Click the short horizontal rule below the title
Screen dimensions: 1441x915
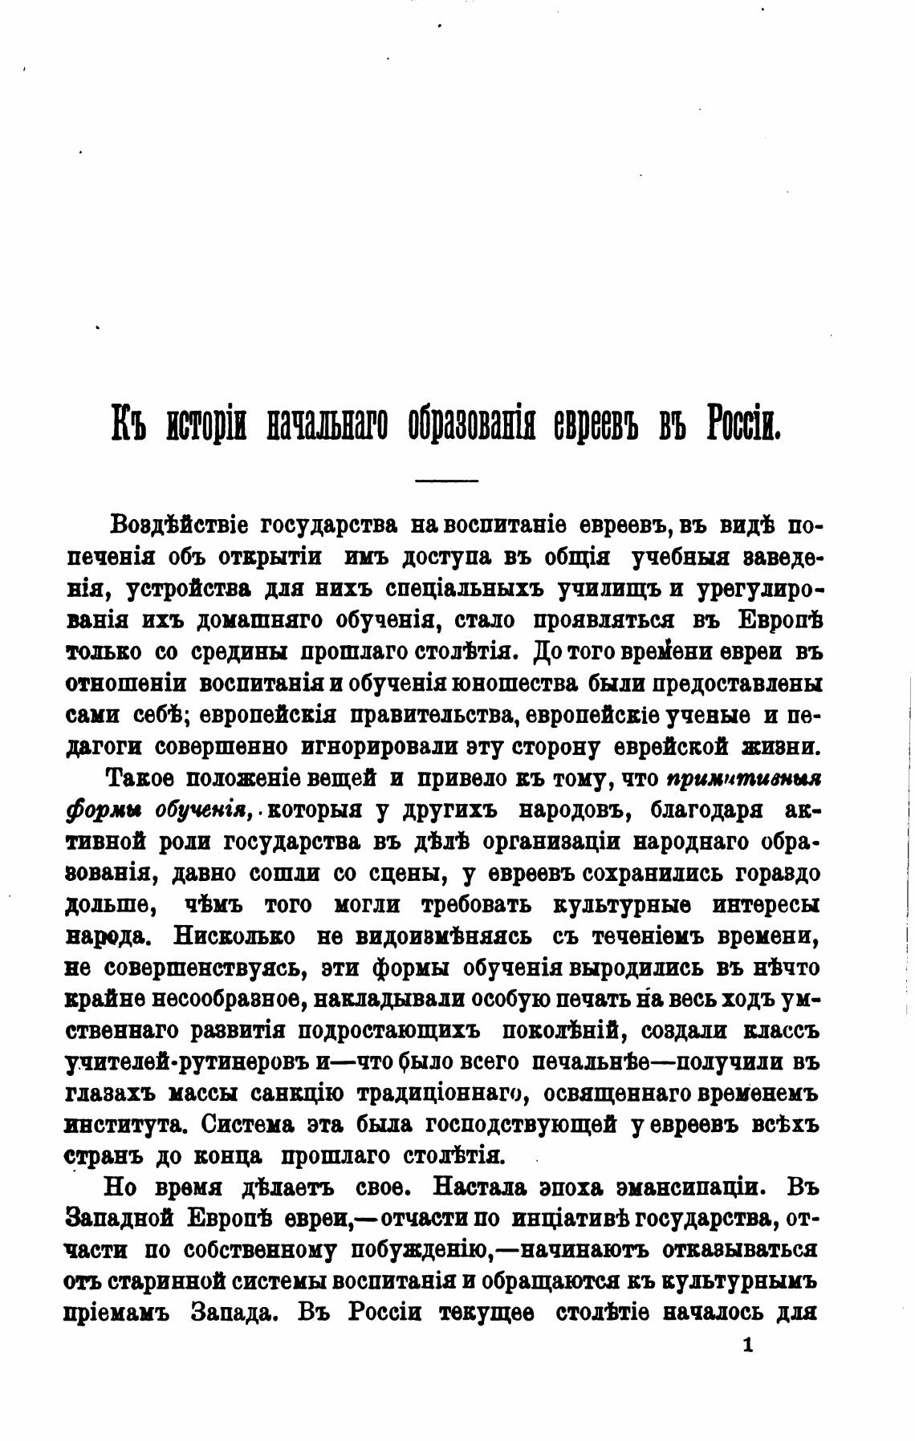point(445,481)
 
